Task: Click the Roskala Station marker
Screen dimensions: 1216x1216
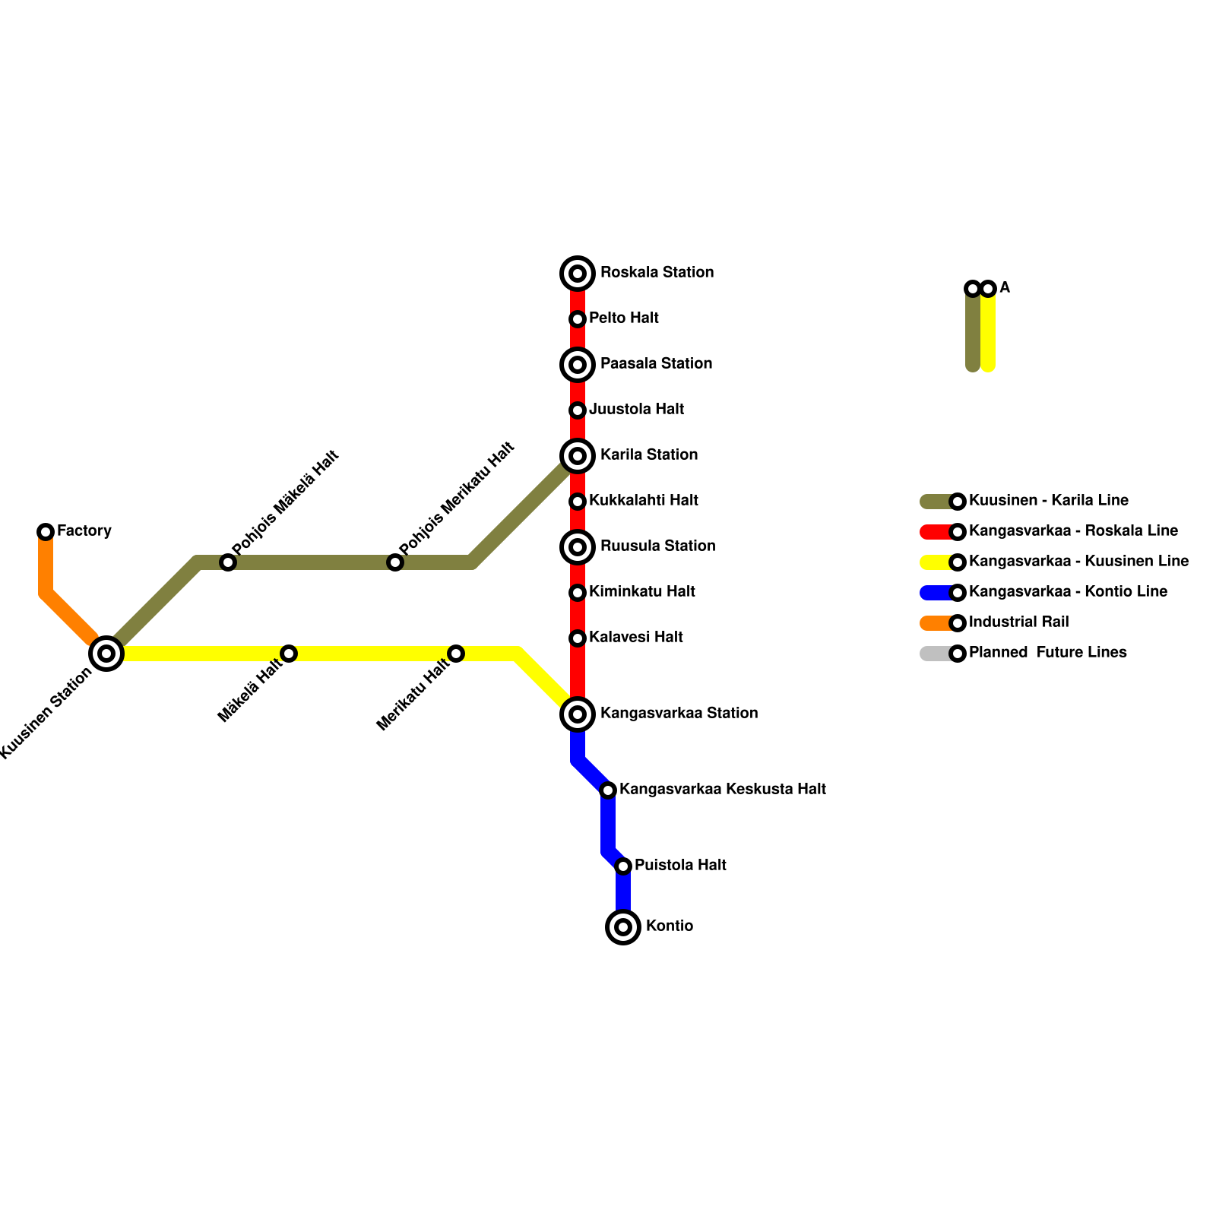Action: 578,274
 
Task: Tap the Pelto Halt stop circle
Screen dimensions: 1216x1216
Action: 578,319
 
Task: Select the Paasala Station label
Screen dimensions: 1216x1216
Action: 656,364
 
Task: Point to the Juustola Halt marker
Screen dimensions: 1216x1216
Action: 578,410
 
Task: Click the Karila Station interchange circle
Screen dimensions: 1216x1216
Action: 578,456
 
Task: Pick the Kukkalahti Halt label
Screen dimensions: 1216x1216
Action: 643,501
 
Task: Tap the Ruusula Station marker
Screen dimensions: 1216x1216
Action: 578,547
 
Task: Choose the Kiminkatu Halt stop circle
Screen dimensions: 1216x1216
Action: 578,593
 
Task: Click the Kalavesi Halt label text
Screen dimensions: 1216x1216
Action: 635,638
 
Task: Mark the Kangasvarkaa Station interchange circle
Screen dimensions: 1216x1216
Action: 578,714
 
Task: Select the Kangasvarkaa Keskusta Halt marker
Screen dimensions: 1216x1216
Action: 608,790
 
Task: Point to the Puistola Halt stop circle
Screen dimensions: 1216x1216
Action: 623,866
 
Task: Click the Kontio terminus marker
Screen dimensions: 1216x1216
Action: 623,927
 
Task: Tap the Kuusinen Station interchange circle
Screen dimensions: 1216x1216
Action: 106,654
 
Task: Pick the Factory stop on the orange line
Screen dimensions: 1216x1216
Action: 46,532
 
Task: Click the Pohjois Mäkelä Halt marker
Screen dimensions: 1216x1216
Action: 228,562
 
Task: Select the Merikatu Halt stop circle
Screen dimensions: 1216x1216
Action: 456,654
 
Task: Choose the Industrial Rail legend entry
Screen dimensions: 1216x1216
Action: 1018,622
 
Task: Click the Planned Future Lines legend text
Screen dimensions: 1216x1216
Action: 1047,653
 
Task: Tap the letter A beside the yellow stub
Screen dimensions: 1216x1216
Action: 1005,288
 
